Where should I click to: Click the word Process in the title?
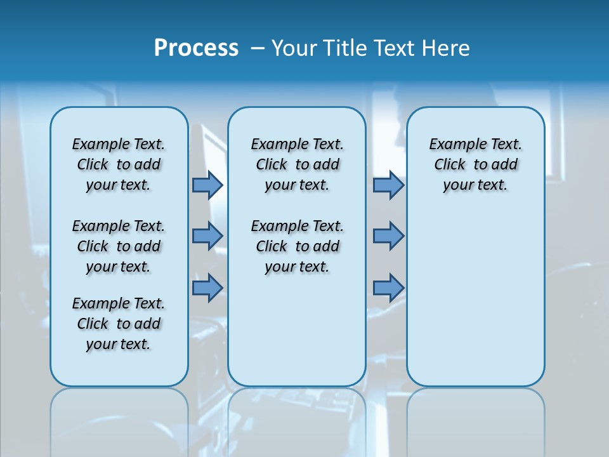(x=196, y=48)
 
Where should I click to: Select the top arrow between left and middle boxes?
(x=207, y=185)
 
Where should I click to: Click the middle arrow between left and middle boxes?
(x=207, y=236)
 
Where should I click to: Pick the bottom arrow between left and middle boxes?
(x=207, y=288)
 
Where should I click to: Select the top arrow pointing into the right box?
(x=388, y=185)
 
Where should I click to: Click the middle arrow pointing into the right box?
(x=388, y=236)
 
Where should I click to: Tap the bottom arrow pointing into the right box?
(x=388, y=288)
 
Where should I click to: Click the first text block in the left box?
(x=119, y=164)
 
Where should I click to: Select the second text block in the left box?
(x=119, y=246)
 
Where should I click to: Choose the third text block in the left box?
(x=119, y=324)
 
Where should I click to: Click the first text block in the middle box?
(x=297, y=164)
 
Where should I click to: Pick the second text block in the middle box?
(x=297, y=246)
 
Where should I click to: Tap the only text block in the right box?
(x=476, y=164)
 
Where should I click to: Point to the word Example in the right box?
(x=452, y=145)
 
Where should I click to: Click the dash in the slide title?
(x=258, y=48)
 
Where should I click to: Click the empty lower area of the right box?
(x=476, y=305)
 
